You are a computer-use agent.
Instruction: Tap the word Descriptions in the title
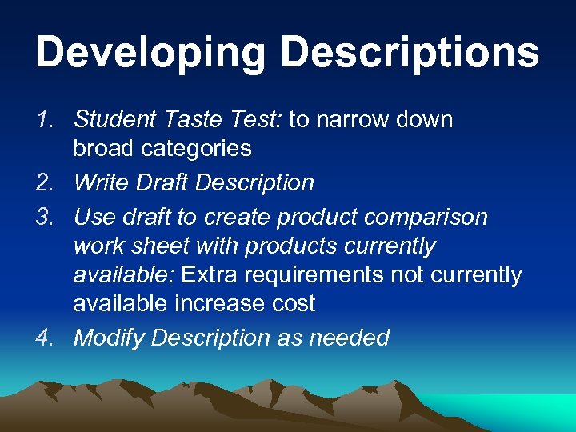tap(410, 54)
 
